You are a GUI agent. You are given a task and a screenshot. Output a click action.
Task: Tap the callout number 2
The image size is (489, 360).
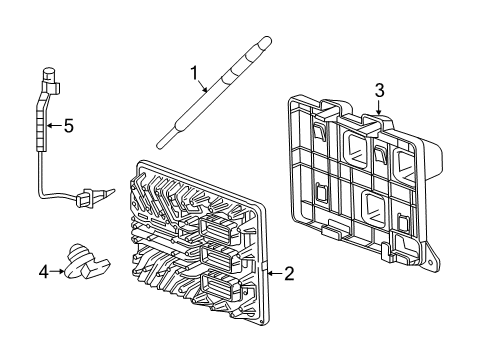pos(289,273)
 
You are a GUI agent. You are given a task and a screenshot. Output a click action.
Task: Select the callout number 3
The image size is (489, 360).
pos(379,91)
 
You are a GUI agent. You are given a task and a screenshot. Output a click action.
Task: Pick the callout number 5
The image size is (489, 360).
pos(69,126)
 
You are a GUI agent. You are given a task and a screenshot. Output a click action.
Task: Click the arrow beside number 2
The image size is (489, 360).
pos(274,272)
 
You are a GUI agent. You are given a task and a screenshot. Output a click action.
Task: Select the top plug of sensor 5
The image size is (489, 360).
pos(47,73)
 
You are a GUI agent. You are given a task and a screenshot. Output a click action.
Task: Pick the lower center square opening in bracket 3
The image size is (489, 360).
pos(374,209)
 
